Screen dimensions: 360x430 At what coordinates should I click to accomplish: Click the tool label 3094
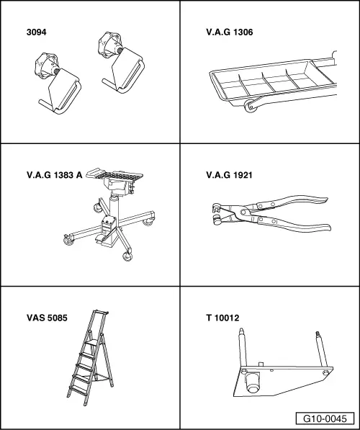(37, 32)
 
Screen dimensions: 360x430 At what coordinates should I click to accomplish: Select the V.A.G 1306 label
(230, 32)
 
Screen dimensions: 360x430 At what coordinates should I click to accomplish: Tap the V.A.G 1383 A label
(54, 175)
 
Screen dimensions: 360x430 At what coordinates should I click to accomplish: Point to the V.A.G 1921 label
(229, 175)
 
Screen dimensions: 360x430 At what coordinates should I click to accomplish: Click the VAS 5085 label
(47, 318)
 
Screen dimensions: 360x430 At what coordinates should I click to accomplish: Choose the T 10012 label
(222, 318)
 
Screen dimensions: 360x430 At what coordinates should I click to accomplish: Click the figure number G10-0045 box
(325, 418)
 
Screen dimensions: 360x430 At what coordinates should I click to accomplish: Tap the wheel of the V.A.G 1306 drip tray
(251, 106)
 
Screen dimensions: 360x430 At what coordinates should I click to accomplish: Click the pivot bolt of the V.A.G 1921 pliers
(243, 212)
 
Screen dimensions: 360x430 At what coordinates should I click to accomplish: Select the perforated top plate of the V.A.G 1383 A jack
(115, 174)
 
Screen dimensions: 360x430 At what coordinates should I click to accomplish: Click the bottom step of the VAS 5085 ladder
(79, 390)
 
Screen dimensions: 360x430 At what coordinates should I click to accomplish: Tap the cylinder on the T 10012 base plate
(253, 382)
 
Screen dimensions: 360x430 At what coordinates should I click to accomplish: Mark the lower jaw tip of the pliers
(217, 220)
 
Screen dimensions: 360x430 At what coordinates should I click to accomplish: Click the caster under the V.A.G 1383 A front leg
(127, 256)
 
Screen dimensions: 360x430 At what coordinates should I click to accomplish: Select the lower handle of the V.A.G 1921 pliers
(294, 225)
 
